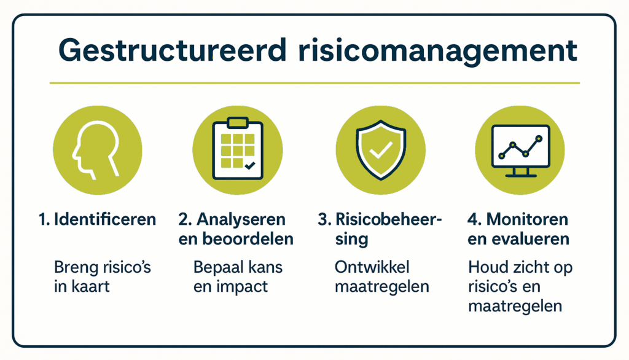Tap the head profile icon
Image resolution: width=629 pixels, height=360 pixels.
coord(97,151)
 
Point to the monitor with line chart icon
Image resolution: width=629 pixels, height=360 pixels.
coord(520,149)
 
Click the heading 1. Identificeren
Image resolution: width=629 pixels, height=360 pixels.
coord(97,219)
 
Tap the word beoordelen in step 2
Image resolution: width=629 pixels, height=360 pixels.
coord(245,238)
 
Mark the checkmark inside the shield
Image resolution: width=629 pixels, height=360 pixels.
coord(381,151)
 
